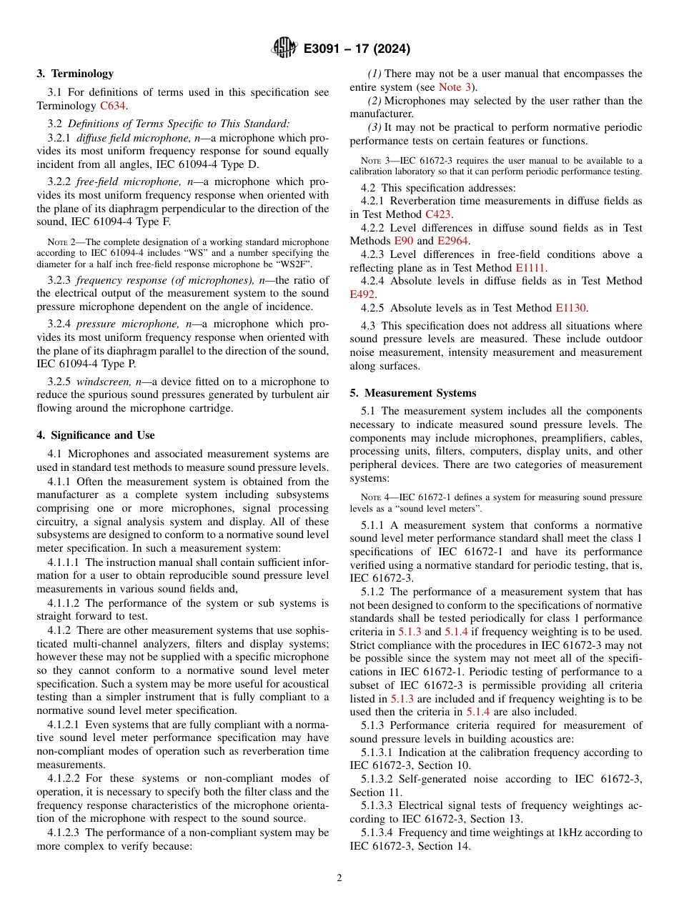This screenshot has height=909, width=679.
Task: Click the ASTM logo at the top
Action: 284,49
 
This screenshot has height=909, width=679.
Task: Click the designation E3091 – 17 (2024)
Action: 357,49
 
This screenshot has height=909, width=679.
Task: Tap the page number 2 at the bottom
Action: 339,878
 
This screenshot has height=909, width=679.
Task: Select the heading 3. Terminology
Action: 75,74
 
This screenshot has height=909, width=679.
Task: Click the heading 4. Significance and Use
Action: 96,435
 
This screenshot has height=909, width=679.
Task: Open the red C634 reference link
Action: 113,106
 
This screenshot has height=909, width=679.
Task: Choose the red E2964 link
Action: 452,241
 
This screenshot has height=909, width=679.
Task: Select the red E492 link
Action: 362,294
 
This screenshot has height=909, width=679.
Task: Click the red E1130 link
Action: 570,309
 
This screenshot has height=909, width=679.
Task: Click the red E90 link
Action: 404,241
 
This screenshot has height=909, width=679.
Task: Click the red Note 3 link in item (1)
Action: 455,86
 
